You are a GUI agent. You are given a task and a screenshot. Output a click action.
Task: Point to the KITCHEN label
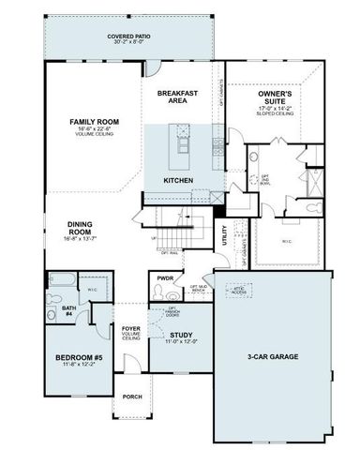click(x=178, y=179)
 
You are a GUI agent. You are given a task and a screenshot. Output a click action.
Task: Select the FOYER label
click(x=131, y=330)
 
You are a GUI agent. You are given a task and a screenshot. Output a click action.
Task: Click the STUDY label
click(x=181, y=335)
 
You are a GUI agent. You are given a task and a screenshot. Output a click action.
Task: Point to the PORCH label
click(x=132, y=397)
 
